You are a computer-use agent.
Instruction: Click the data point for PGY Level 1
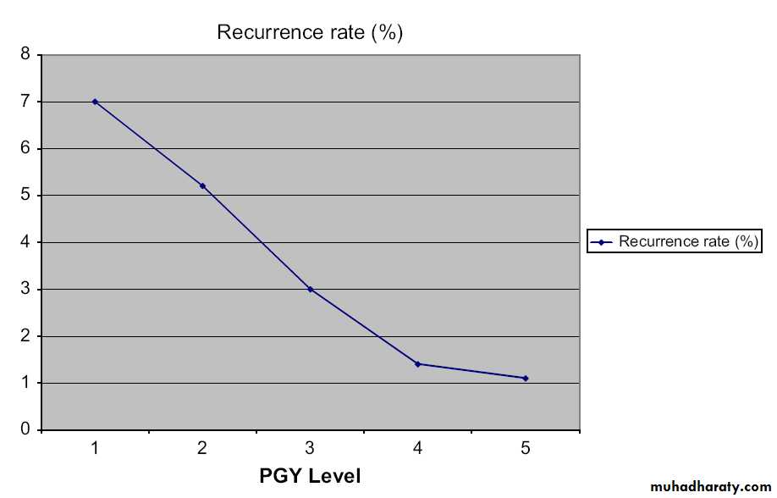(95, 101)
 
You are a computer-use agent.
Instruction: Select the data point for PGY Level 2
(202, 185)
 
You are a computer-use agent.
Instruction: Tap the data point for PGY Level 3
(311, 289)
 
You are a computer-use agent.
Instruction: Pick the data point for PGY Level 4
(418, 364)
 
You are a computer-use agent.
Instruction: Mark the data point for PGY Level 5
(526, 378)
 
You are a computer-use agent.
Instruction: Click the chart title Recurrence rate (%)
(310, 33)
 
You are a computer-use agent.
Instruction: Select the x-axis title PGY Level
(310, 476)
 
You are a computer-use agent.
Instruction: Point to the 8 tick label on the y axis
(25, 55)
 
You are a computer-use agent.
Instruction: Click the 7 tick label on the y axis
(25, 102)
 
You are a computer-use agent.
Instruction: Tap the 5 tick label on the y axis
(25, 196)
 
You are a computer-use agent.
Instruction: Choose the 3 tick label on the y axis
(25, 290)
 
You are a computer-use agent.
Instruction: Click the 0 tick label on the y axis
(25, 430)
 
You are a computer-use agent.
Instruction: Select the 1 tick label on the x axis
(95, 448)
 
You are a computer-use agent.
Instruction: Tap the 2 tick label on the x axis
(202, 448)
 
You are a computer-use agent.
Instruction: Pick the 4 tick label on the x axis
(418, 448)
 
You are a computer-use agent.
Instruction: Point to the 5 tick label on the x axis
(526, 448)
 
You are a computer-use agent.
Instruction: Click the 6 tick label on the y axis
(25, 149)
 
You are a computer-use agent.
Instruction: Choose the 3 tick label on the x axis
(311, 448)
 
